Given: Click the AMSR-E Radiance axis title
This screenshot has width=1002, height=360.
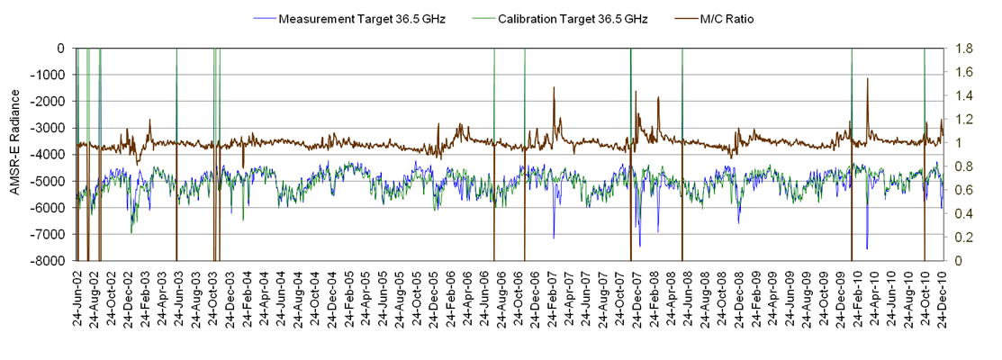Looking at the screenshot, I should [x=15, y=154].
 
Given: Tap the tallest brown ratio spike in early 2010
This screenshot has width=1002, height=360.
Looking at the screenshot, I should [x=868, y=79].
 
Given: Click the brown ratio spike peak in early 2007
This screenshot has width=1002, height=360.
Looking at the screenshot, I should [x=554, y=88].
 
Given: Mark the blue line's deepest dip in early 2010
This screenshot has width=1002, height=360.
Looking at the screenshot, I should [x=867, y=248].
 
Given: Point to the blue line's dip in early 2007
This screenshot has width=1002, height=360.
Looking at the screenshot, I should [x=554, y=238].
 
